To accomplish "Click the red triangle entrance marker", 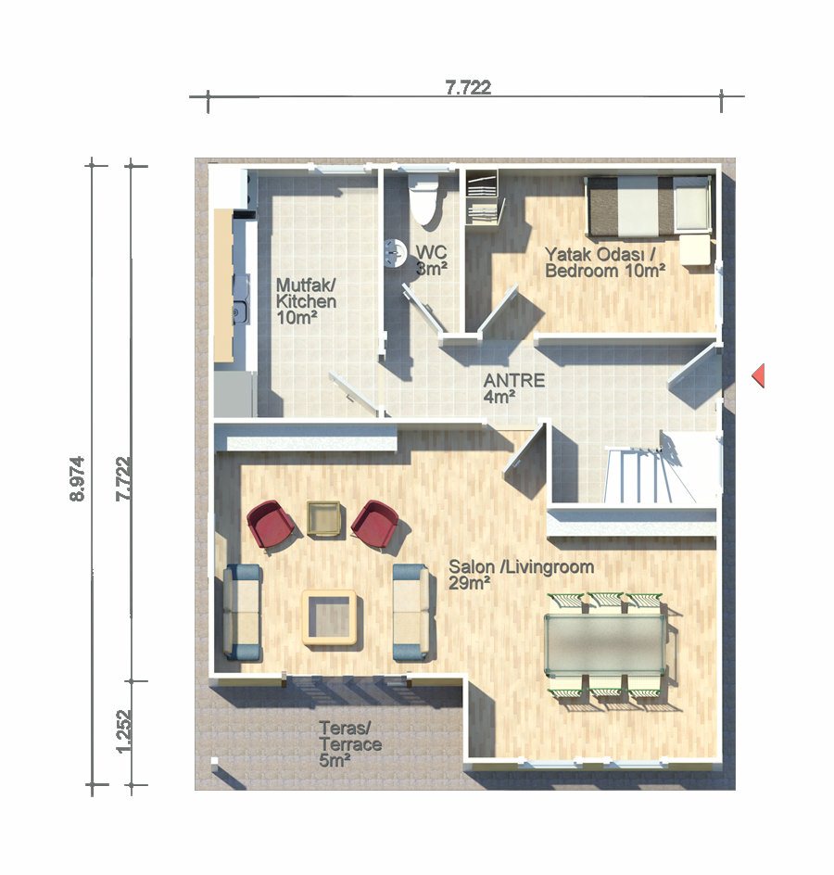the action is pos(758,375).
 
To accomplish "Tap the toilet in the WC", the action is pos(423,199).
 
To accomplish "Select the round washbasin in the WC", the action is pos(396,253).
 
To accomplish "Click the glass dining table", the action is pos(605,644).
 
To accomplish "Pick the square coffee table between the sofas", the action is pos(329,617).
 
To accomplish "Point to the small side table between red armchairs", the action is pos(323,518).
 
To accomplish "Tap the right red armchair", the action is pos(375,526).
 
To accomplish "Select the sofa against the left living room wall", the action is pos(242,612).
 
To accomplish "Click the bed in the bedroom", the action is pos(648,206).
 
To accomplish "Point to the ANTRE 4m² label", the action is pos(513,388).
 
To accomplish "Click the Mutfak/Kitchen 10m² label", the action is pos(307,301).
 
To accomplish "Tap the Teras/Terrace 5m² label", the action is pos(350,744).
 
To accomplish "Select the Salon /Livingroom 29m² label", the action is pos(521,575).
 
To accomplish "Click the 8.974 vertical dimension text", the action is pos(77,478).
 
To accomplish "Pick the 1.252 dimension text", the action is pos(123,730).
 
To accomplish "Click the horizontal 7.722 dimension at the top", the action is pos(468,87).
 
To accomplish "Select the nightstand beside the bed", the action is pos(696,249).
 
